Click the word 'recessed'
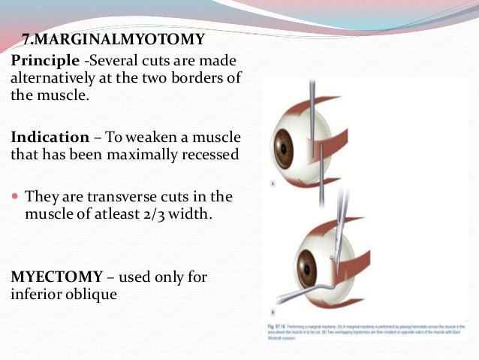pos(210,154)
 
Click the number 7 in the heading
pos(25,39)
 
